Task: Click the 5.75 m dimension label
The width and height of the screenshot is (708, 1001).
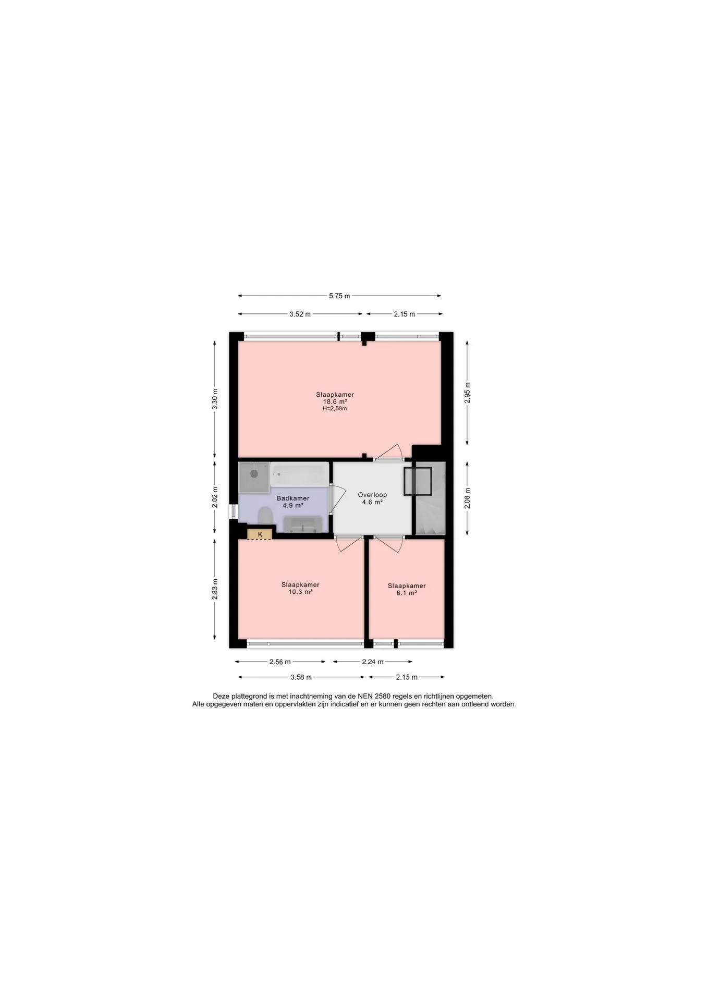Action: [339, 296]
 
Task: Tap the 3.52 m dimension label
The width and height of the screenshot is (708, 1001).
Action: [300, 314]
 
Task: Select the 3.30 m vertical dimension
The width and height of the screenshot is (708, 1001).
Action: [215, 399]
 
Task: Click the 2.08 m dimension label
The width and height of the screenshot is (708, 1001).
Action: [467, 498]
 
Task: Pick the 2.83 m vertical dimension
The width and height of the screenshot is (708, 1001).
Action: [215, 589]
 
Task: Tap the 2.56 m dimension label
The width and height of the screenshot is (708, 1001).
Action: [280, 662]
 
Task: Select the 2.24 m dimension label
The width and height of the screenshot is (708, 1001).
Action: [373, 662]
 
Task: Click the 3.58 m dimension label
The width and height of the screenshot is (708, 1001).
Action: [301, 677]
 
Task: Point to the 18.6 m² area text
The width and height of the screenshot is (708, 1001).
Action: [335, 402]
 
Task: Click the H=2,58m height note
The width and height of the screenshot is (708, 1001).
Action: [335, 409]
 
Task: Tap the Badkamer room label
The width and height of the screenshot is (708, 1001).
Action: [293, 498]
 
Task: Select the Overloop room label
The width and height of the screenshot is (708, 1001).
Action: [372, 495]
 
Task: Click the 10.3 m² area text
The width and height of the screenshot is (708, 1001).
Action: [300, 592]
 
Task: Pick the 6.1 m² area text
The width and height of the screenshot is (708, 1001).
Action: [407, 593]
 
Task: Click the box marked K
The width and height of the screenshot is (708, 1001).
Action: [260, 534]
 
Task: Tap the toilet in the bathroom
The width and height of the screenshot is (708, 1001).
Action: [266, 517]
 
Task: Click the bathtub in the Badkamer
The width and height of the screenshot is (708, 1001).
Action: [300, 474]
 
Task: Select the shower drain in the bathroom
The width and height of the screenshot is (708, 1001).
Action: [254, 474]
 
